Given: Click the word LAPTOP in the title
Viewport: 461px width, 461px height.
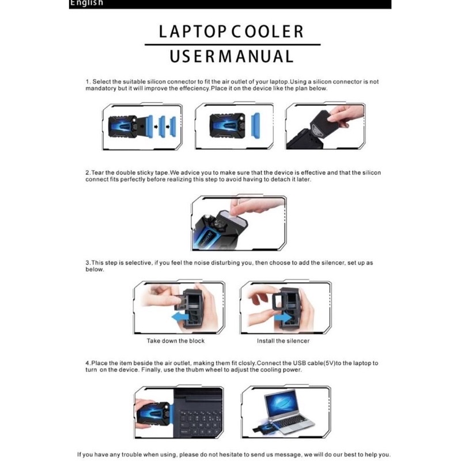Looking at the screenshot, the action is (x=193, y=32).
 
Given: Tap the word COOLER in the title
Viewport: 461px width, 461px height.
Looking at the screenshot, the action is (x=268, y=32).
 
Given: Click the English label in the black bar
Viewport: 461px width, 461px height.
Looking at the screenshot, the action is (x=86, y=3).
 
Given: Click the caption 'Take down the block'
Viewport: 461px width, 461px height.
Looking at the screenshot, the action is (x=176, y=341).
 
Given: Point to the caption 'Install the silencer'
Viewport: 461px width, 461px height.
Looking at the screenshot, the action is (x=283, y=341).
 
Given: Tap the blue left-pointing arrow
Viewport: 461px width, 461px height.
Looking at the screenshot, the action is (x=180, y=317).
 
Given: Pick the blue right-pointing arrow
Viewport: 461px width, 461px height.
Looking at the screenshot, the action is (x=283, y=318).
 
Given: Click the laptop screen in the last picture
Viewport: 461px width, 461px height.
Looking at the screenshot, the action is (x=280, y=402).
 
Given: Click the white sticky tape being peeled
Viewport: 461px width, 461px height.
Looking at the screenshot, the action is (x=235, y=218).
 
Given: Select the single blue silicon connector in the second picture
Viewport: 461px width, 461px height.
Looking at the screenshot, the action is (x=256, y=125).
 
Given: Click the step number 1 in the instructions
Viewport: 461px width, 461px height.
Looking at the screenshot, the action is (x=88, y=82).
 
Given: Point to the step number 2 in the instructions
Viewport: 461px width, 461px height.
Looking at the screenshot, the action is (x=88, y=172).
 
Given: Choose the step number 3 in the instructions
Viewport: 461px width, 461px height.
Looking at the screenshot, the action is (x=88, y=263).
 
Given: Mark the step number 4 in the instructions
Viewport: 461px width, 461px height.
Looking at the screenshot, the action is (x=88, y=363).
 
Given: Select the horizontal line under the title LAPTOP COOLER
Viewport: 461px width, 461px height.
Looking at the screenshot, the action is (x=233, y=45).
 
